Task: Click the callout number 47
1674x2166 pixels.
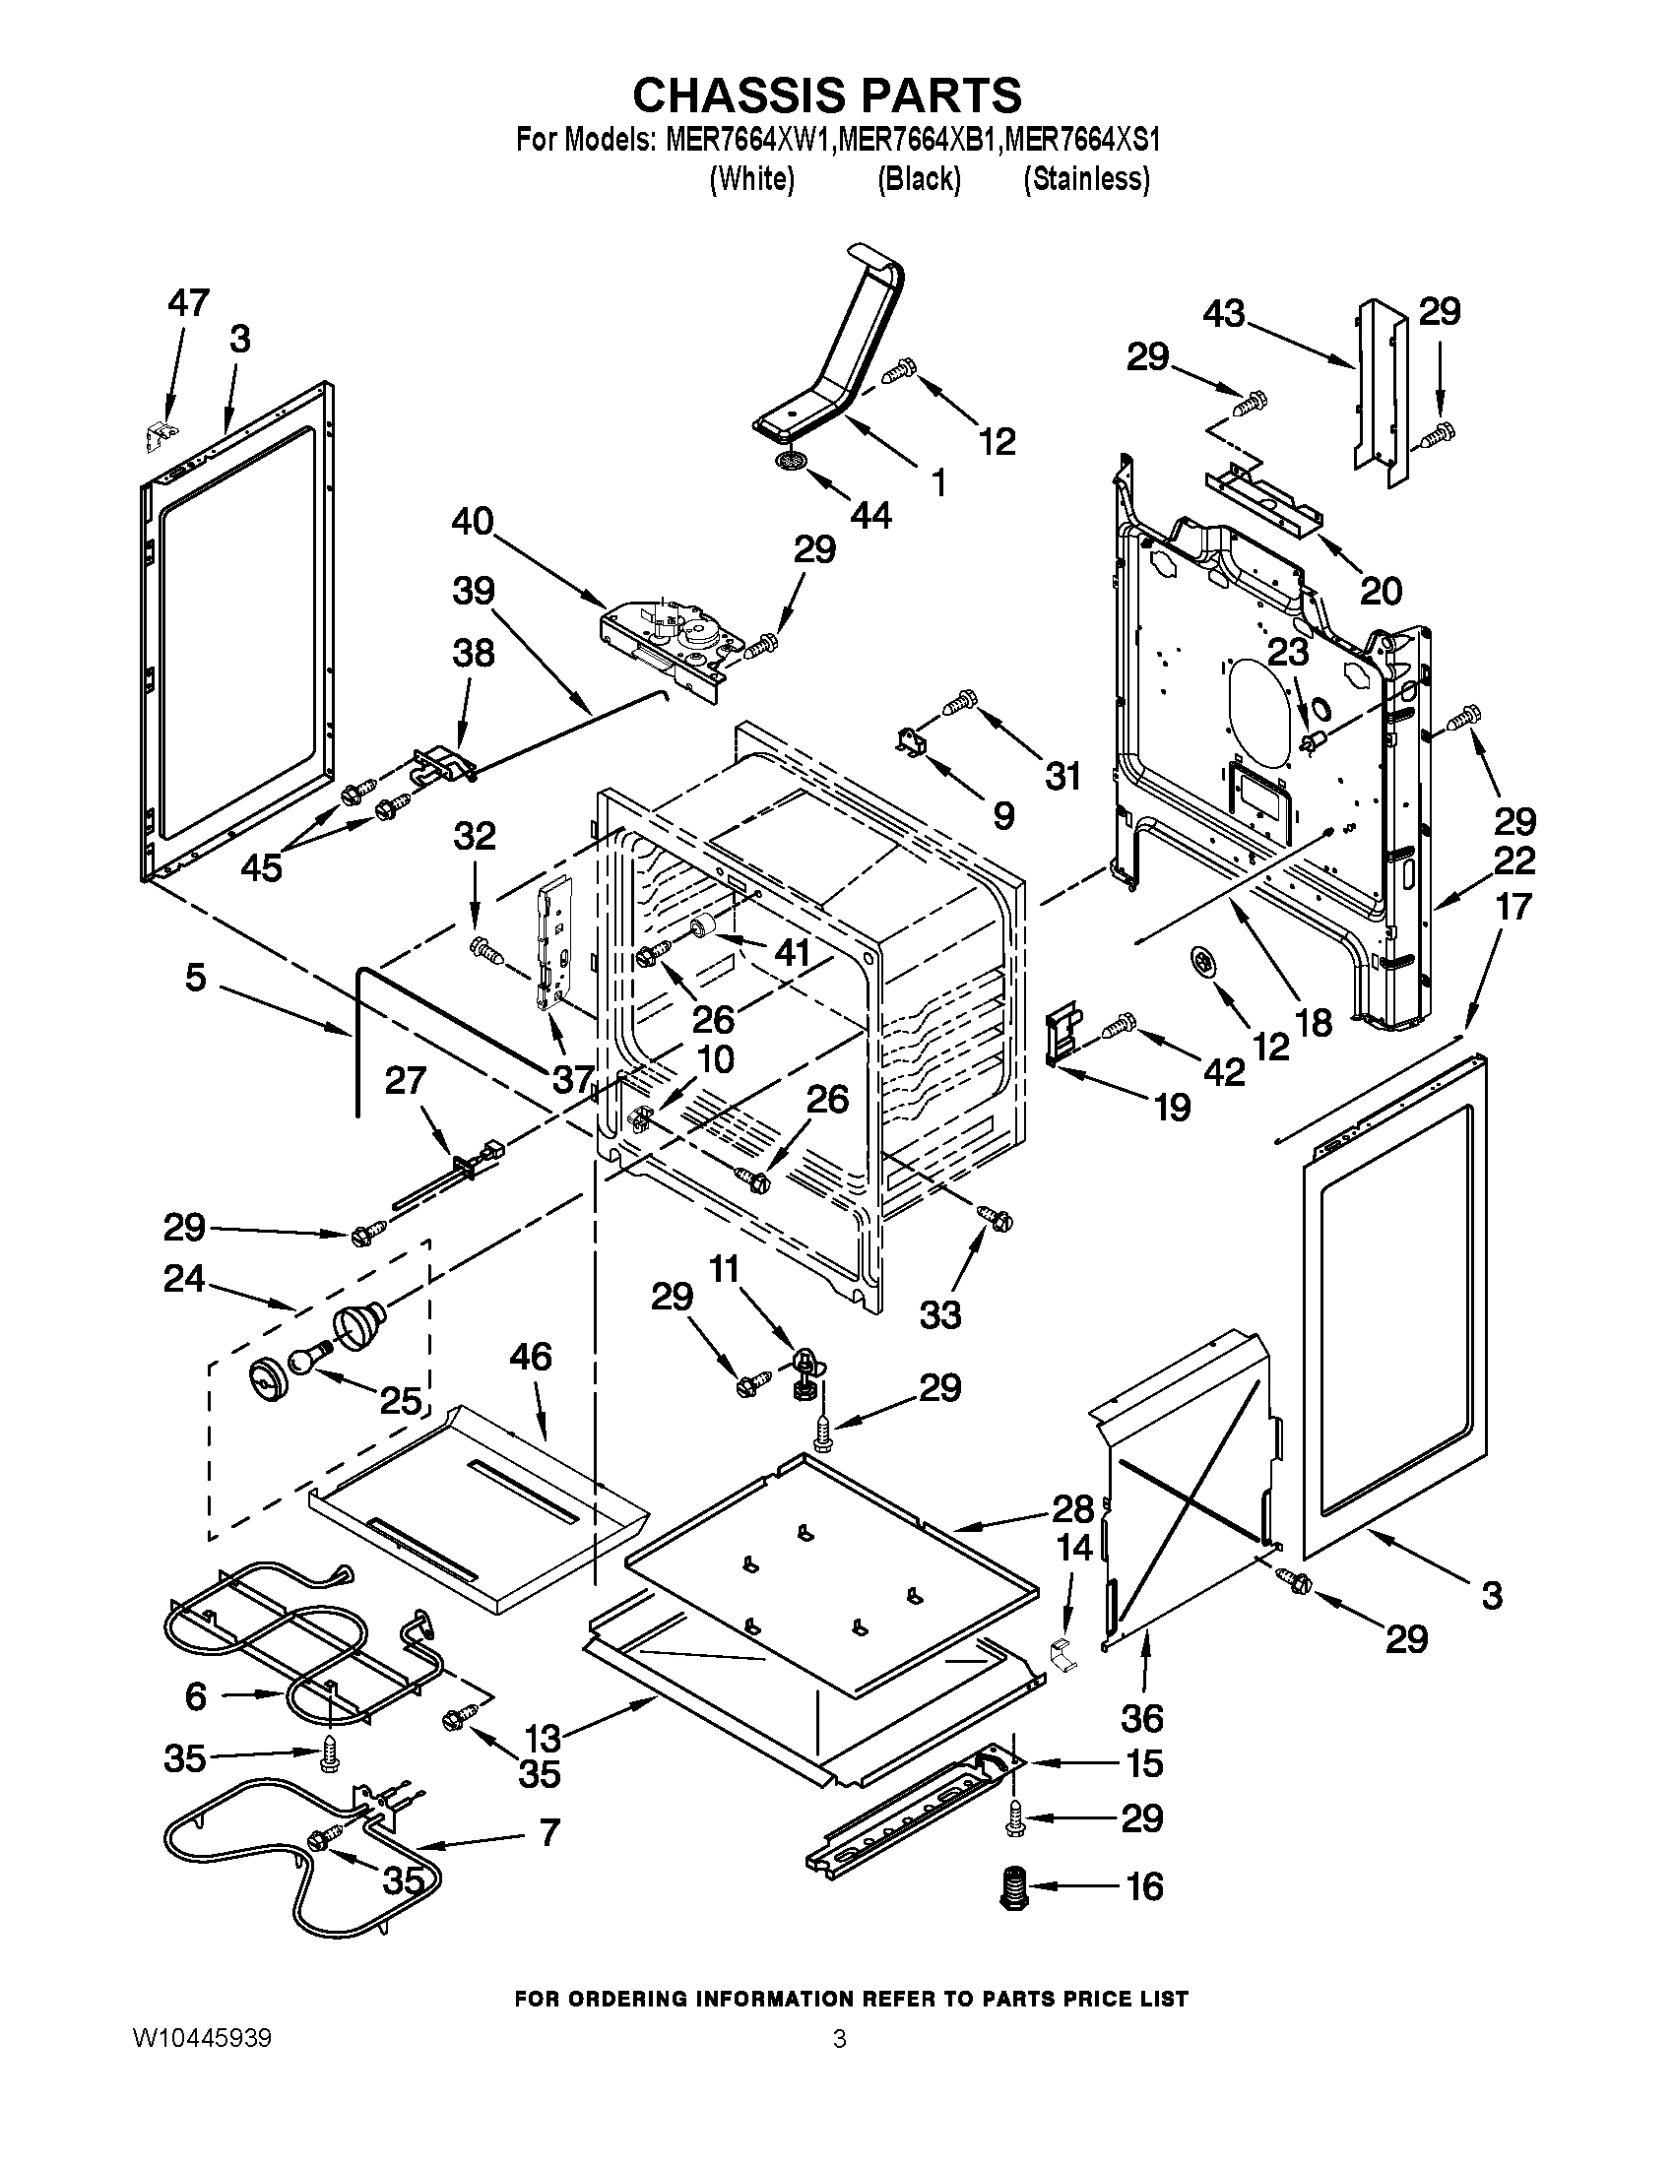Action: [188, 302]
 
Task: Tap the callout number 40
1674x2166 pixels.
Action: [472, 521]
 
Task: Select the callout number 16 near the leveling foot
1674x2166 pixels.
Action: [1144, 1886]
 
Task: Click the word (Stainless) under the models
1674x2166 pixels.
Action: [1086, 178]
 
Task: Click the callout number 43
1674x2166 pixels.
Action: [1224, 314]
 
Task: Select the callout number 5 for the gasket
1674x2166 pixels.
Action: [195, 977]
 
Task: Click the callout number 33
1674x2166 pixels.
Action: [940, 1315]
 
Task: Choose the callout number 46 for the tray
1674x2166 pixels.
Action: [531, 1356]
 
